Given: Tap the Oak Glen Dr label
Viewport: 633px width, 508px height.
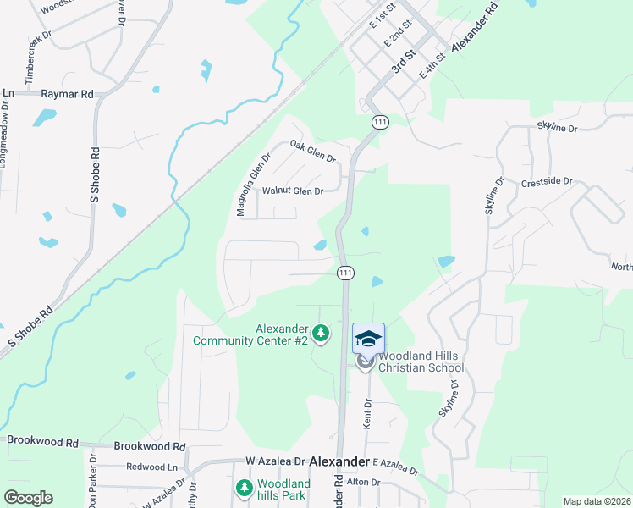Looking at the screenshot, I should [x=313, y=152].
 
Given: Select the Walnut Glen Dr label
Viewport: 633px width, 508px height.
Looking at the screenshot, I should [x=293, y=191].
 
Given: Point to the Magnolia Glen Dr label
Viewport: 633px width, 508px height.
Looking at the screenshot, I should [x=254, y=185].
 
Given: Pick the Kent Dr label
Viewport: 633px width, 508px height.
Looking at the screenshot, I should [x=368, y=414].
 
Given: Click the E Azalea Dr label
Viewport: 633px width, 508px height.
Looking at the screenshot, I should [x=395, y=466].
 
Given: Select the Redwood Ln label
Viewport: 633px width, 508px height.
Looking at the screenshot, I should [x=152, y=467].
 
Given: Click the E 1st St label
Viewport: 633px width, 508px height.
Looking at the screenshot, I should [x=383, y=18].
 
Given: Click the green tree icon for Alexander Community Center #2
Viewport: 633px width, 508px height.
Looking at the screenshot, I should [x=321, y=334].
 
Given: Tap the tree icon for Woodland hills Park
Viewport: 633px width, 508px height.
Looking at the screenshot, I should [x=245, y=489].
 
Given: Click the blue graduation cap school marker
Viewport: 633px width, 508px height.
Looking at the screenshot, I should [x=367, y=338].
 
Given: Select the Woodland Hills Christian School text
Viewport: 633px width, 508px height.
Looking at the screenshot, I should [x=421, y=362].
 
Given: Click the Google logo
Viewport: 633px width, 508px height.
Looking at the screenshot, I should [x=28, y=498].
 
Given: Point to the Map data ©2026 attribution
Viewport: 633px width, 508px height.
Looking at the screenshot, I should [x=597, y=501].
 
